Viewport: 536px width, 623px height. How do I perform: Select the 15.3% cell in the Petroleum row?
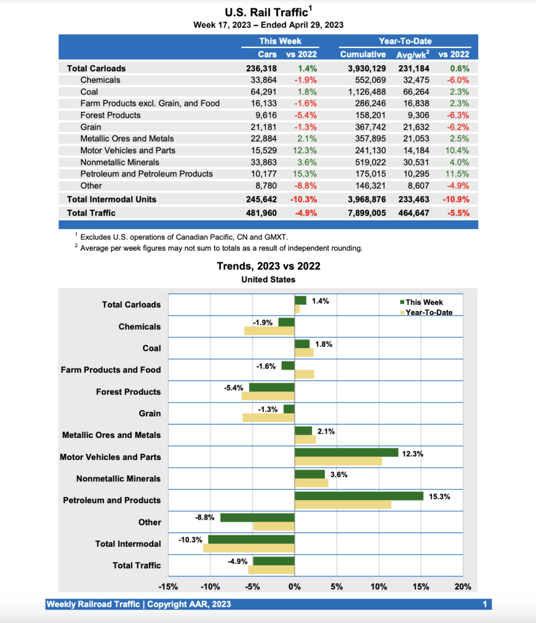[305, 174]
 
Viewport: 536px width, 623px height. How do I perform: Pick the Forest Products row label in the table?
[110, 115]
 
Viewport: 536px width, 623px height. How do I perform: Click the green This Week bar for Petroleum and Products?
[359, 496]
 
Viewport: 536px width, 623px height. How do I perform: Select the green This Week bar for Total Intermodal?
[251, 539]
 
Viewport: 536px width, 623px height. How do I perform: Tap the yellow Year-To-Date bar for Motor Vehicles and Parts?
[338, 461]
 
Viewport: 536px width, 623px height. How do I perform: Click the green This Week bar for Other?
[257, 517]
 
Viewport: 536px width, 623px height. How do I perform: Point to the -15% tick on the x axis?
[168, 587]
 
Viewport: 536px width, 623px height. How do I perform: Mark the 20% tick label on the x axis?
[463, 587]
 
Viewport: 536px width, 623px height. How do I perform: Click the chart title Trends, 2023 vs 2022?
[268, 266]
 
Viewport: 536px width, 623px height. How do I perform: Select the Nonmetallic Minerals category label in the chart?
[119, 479]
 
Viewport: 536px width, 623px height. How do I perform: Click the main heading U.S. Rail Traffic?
[265, 12]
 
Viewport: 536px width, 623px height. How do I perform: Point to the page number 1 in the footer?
[485, 604]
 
